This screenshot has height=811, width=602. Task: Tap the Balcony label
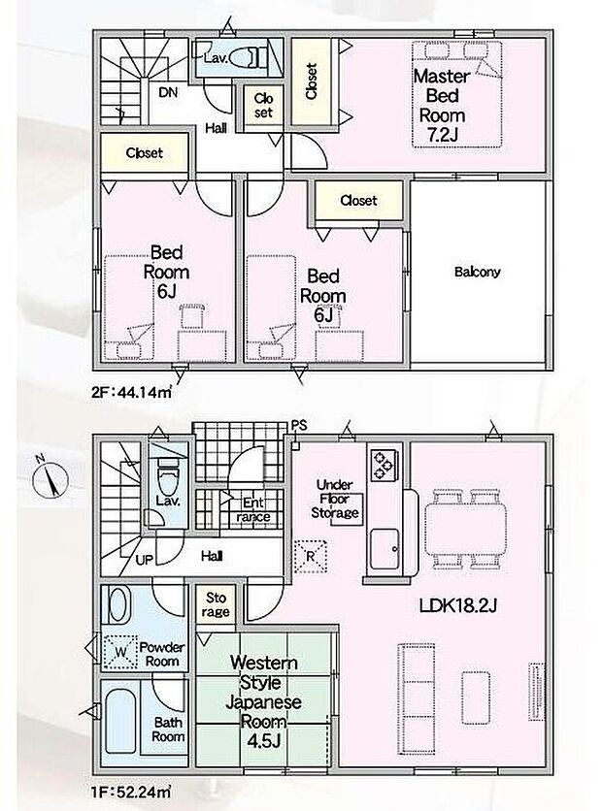[x=477, y=272]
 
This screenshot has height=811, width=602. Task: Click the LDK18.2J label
[x=460, y=607]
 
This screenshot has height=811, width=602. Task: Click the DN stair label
[x=167, y=94]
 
